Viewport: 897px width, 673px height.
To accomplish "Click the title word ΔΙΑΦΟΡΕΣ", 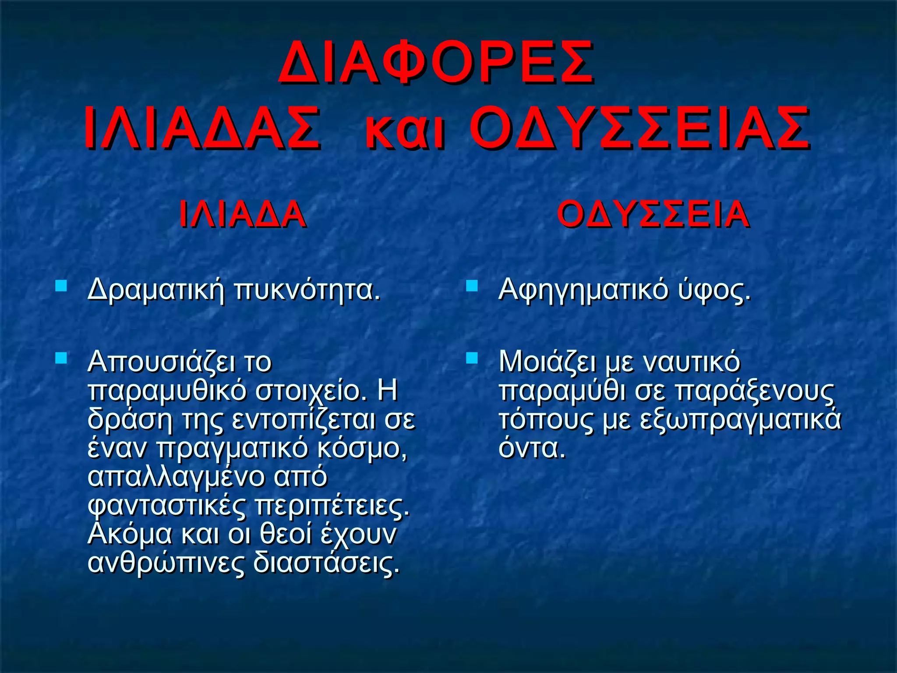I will click(x=436, y=63).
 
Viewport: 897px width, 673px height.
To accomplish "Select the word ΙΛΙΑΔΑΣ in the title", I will click(x=202, y=129).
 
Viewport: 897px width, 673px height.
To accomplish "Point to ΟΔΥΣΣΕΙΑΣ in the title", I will click(x=640, y=129).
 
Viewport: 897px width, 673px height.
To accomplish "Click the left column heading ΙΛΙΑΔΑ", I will click(x=242, y=214).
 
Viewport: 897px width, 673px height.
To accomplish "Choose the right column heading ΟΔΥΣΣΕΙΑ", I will click(x=653, y=214).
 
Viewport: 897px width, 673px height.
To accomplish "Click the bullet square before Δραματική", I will click(x=61, y=287).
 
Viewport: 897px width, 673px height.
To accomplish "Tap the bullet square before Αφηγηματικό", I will click(x=472, y=287).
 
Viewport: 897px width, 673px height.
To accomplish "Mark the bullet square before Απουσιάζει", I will click(x=61, y=358).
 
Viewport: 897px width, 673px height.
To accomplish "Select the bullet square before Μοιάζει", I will click(x=472, y=358).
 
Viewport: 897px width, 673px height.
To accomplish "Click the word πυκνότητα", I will click(x=307, y=290).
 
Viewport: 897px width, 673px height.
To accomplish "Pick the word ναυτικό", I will click(x=692, y=362).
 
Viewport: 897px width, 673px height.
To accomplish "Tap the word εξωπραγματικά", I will click(x=740, y=419).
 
